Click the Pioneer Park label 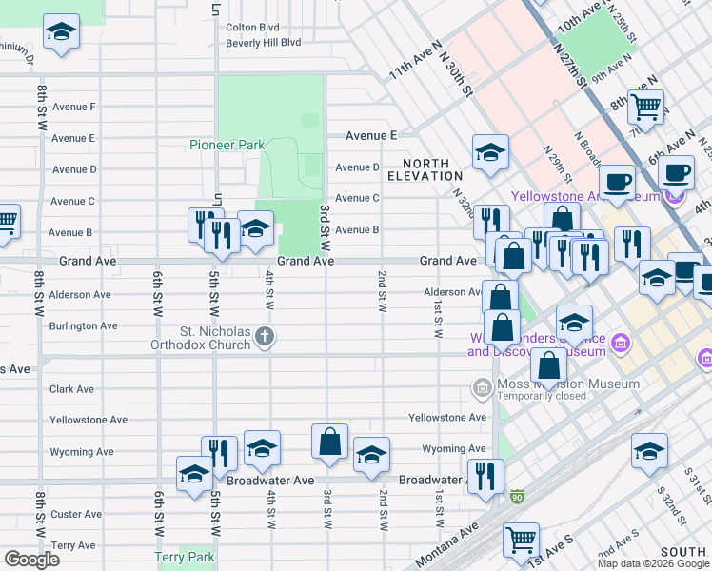[x=226, y=146]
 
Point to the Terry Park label [x=186, y=558]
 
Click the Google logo [x=31, y=560]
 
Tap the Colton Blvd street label [x=252, y=28]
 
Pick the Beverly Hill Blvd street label [x=263, y=43]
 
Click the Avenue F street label [x=73, y=107]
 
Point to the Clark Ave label [x=71, y=389]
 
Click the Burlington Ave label [x=83, y=325]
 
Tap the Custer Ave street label [x=76, y=514]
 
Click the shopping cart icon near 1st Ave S [x=522, y=541]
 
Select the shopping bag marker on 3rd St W [x=329, y=443]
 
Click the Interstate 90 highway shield [x=516, y=497]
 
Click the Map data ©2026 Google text [x=653, y=563]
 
